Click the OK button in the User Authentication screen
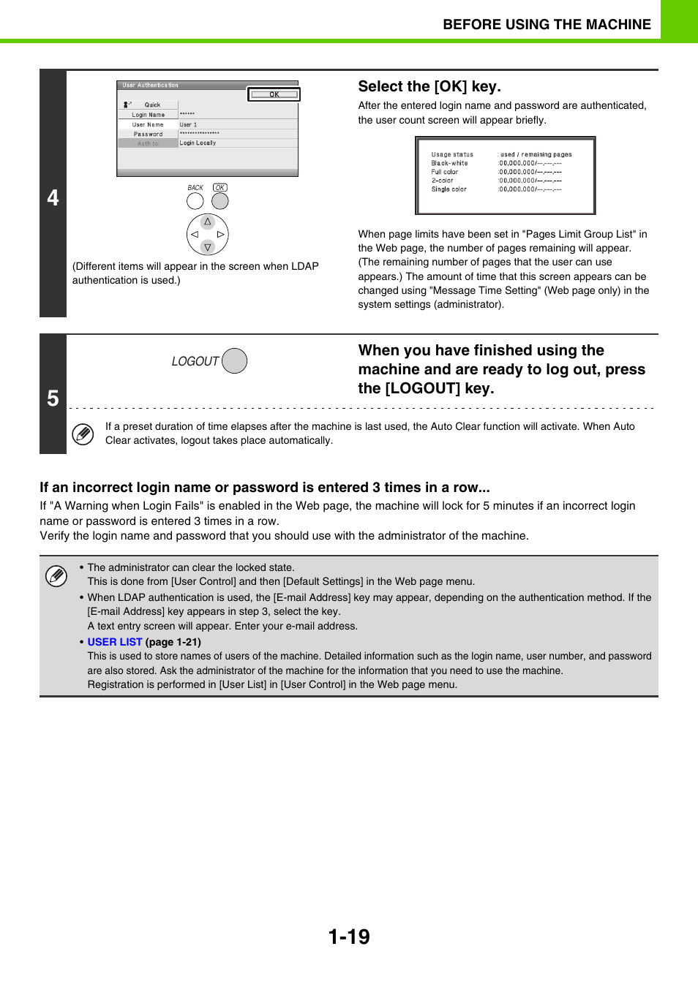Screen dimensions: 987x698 point(274,94)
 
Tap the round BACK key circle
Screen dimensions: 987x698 point(195,201)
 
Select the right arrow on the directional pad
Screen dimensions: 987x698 point(220,235)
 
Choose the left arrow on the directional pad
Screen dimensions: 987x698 point(195,235)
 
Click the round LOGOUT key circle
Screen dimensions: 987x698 point(234,361)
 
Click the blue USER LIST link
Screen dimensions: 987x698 point(115,642)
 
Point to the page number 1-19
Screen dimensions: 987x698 point(349,937)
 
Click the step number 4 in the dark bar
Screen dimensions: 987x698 point(53,197)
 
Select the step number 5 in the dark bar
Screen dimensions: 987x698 point(53,398)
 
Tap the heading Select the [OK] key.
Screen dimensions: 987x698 point(429,86)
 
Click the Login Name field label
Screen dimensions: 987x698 point(148,115)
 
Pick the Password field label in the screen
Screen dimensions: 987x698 point(148,134)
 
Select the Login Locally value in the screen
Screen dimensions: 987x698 point(198,143)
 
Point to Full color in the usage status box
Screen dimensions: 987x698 point(445,172)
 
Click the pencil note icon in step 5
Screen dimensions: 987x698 point(83,434)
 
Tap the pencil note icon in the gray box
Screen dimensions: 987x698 point(56,576)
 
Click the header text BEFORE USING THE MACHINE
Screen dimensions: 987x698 point(547,24)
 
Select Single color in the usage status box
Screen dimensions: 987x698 point(449,189)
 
